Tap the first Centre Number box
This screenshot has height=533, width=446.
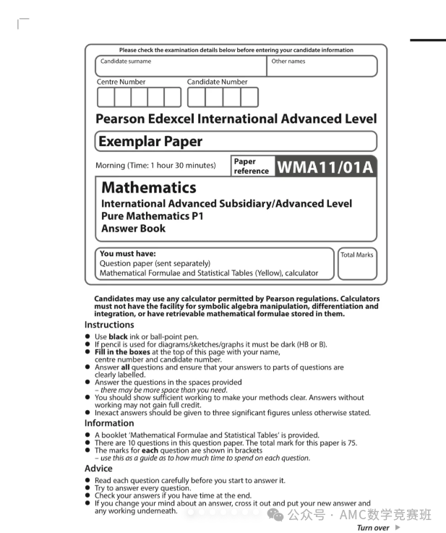pyautogui.click(x=106, y=97)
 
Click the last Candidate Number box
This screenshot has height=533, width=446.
pyautogui.click(x=249, y=97)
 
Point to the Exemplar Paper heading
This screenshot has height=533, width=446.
pyautogui.click(x=150, y=141)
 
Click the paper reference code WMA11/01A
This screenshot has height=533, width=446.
pyautogui.click(x=325, y=167)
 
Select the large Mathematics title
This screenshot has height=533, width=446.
pyautogui.click(x=148, y=187)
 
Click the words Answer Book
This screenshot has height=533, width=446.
pyautogui.click(x=133, y=229)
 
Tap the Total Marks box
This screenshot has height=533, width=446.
pyautogui.click(x=356, y=265)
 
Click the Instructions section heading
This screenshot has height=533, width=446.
pyautogui.click(x=109, y=325)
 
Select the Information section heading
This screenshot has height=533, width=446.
pyautogui.click(x=109, y=423)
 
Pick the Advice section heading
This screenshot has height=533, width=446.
pyautogui.click(x=100, y=469)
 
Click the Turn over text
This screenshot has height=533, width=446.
pyautogui.click(x=373, y=528)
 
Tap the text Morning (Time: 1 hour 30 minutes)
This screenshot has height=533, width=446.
pyautogui.click(x=155, y=166)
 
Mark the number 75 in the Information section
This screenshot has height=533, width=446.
pyautogui.click(x=351, y=443)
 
